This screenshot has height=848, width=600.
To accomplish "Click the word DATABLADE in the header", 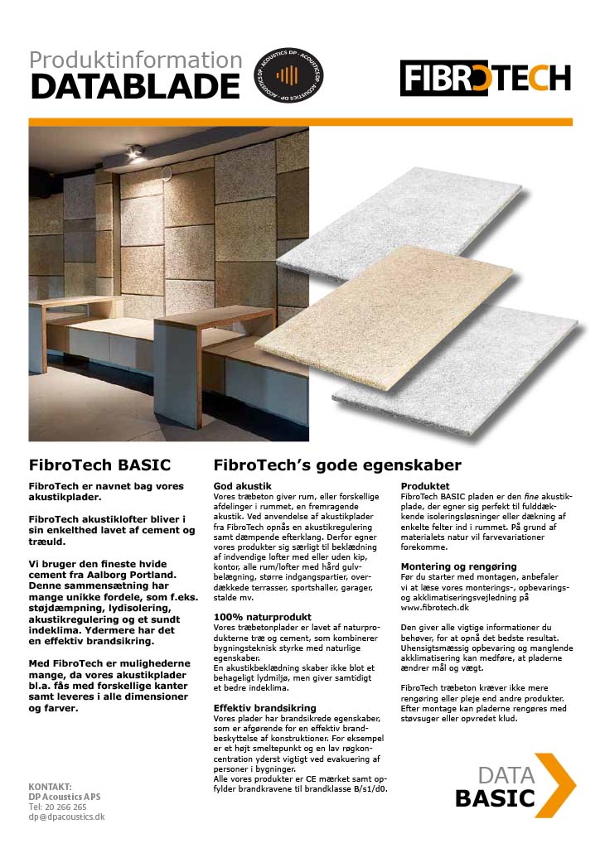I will [x=134, y=85].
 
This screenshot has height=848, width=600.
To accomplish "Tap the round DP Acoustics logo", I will [x=288, y=75].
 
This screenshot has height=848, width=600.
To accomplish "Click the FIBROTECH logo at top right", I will [x=486, y=77].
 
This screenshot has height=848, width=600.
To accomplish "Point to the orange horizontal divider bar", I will [x=300, y=122].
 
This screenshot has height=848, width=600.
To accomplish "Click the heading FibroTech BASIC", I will [x=99, y=464].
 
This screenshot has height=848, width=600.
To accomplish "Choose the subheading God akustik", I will [x=243, y=485].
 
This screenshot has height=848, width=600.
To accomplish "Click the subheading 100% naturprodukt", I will [x=262, y=616].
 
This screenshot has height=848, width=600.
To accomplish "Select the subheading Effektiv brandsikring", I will [x=265, y=708].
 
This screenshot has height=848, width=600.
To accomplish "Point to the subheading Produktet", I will [x=426, y=485].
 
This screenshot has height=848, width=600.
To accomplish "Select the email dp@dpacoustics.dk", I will [x=66, y=816].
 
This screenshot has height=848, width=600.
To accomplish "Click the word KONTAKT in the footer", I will [x=51, y=786].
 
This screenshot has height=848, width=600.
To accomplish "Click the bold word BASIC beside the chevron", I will [x=495, y=798].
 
